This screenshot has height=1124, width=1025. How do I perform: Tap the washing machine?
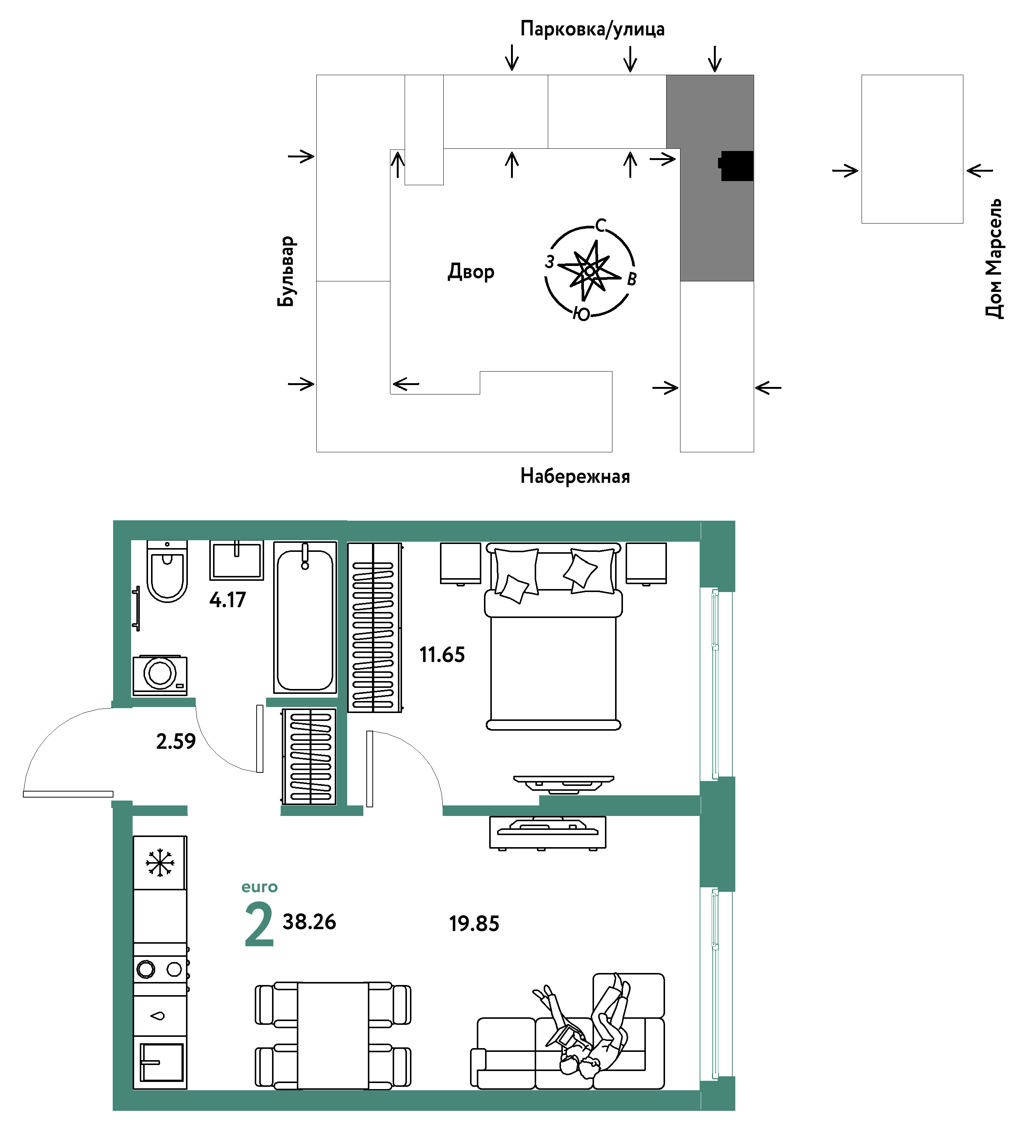pos(160,675)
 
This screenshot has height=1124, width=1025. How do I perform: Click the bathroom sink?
pos(236,560)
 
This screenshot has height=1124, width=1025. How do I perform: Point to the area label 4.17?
pos(228,600)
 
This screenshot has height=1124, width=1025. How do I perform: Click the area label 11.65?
pos(442,654)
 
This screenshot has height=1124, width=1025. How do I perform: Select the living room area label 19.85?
pos(474,924)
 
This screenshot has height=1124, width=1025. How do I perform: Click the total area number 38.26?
pos(310,922)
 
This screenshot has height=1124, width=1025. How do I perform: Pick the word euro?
pos(259,887)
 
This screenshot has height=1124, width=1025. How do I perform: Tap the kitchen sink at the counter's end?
pos(162,1062)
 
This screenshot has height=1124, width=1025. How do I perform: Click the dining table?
pos(333,1035)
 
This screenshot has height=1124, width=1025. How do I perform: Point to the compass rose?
pos(590,270)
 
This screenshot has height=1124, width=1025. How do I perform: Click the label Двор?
pos(471,272)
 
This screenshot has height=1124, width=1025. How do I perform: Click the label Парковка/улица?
pos(592,29)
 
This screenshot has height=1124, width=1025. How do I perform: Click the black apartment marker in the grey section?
pos(736,166)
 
